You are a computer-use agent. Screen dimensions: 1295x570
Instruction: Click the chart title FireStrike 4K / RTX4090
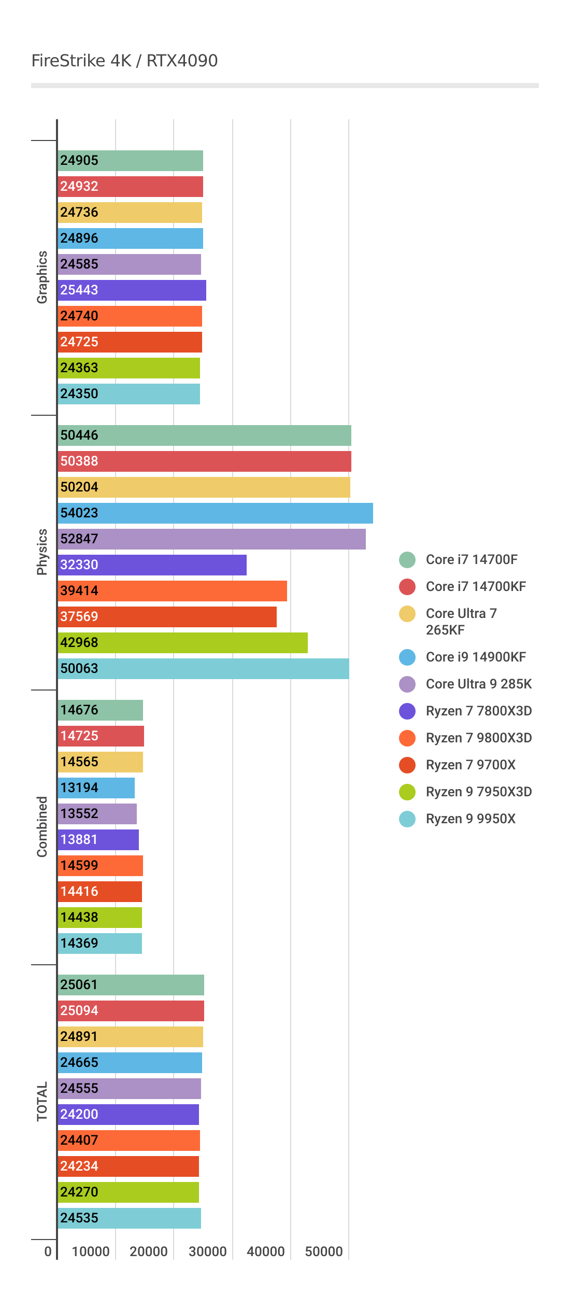124,61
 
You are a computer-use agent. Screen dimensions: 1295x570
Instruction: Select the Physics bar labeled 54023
215,513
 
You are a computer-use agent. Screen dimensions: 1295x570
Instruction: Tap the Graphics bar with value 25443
132,290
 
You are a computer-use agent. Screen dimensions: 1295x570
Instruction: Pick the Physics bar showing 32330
152,565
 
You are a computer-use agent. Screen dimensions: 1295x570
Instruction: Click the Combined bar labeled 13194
96,788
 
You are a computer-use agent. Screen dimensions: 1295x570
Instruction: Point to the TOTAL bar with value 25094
131,1011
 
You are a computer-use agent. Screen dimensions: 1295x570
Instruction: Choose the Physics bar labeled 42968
183,643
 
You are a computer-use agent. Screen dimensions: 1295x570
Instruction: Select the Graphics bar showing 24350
129,394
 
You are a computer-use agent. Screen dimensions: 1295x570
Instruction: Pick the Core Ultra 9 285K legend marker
407,684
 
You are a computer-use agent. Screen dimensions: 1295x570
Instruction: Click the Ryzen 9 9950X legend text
471,819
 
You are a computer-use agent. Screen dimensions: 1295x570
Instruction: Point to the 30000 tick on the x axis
207,1251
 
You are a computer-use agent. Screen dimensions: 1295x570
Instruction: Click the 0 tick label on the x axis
48,1251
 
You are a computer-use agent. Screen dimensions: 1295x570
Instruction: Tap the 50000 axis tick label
323,1251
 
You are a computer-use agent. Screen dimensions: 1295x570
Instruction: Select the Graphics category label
42,277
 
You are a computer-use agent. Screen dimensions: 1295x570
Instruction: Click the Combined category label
42,827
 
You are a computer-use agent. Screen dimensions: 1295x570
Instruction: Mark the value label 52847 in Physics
79,539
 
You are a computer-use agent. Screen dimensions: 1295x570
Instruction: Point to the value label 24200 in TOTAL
79,1115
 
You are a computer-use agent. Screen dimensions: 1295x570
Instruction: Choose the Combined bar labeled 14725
101,736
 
